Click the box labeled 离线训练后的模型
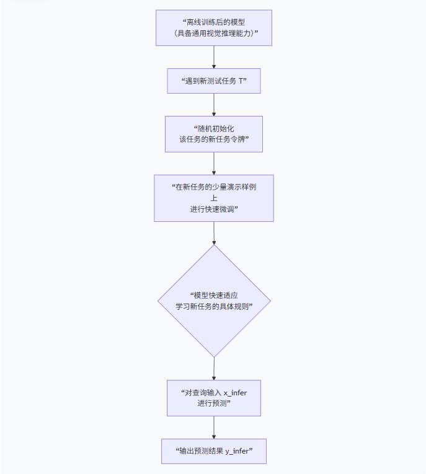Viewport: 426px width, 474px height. [214, 28]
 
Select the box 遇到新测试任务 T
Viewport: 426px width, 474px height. [214, 81]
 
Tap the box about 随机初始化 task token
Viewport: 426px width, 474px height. [214, 134]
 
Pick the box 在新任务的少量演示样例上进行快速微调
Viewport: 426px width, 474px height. [214, 198]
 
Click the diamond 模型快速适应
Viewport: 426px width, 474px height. [214, 301]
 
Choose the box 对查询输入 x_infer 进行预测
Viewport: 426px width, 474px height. [214, 398]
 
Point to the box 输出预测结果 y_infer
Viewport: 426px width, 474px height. [214, 451]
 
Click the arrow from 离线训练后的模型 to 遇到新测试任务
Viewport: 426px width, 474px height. [214, 57]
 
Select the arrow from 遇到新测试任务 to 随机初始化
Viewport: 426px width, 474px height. [214, 105]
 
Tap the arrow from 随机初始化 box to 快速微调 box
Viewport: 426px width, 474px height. [214, 164]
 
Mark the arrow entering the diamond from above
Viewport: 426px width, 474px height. [214, 233]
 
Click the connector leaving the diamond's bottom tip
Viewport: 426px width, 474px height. [214, 369]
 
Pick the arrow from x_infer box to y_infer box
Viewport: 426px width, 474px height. [214, 428]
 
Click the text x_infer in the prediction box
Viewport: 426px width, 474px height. [235, 393]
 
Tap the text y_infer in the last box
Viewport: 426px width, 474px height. [237, 451]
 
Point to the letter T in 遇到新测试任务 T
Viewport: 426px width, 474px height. [241, 81]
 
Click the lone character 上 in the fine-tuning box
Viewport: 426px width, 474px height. [214, 198]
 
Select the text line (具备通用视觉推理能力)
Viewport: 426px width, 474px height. [215, 33]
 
